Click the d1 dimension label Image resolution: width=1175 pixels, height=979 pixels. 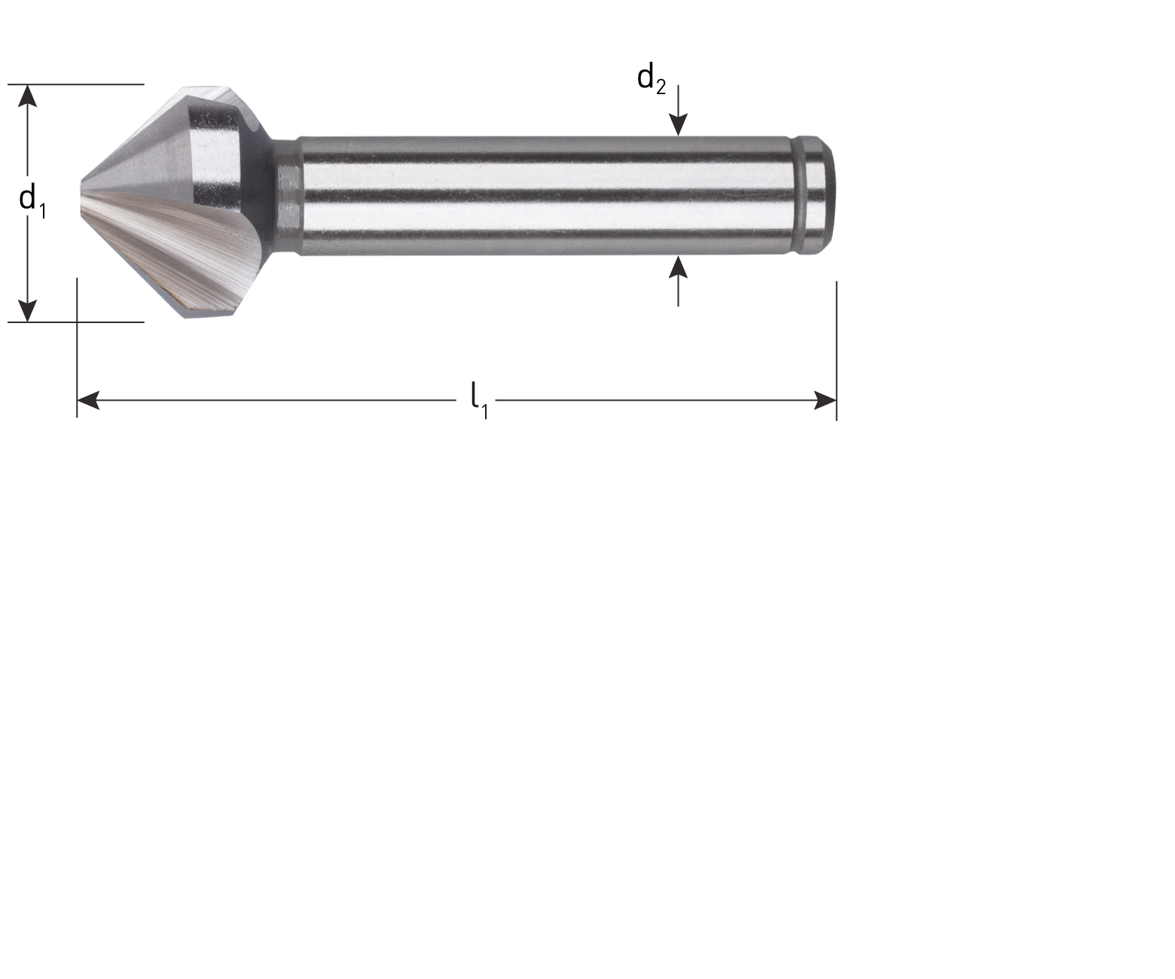[27, 200]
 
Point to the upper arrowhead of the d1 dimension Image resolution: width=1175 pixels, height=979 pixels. [27, 95]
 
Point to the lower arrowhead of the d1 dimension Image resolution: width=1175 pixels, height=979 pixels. [27, 310]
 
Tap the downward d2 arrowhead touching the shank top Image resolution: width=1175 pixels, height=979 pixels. [679, 126]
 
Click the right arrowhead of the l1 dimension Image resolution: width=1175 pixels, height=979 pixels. [826, 400]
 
